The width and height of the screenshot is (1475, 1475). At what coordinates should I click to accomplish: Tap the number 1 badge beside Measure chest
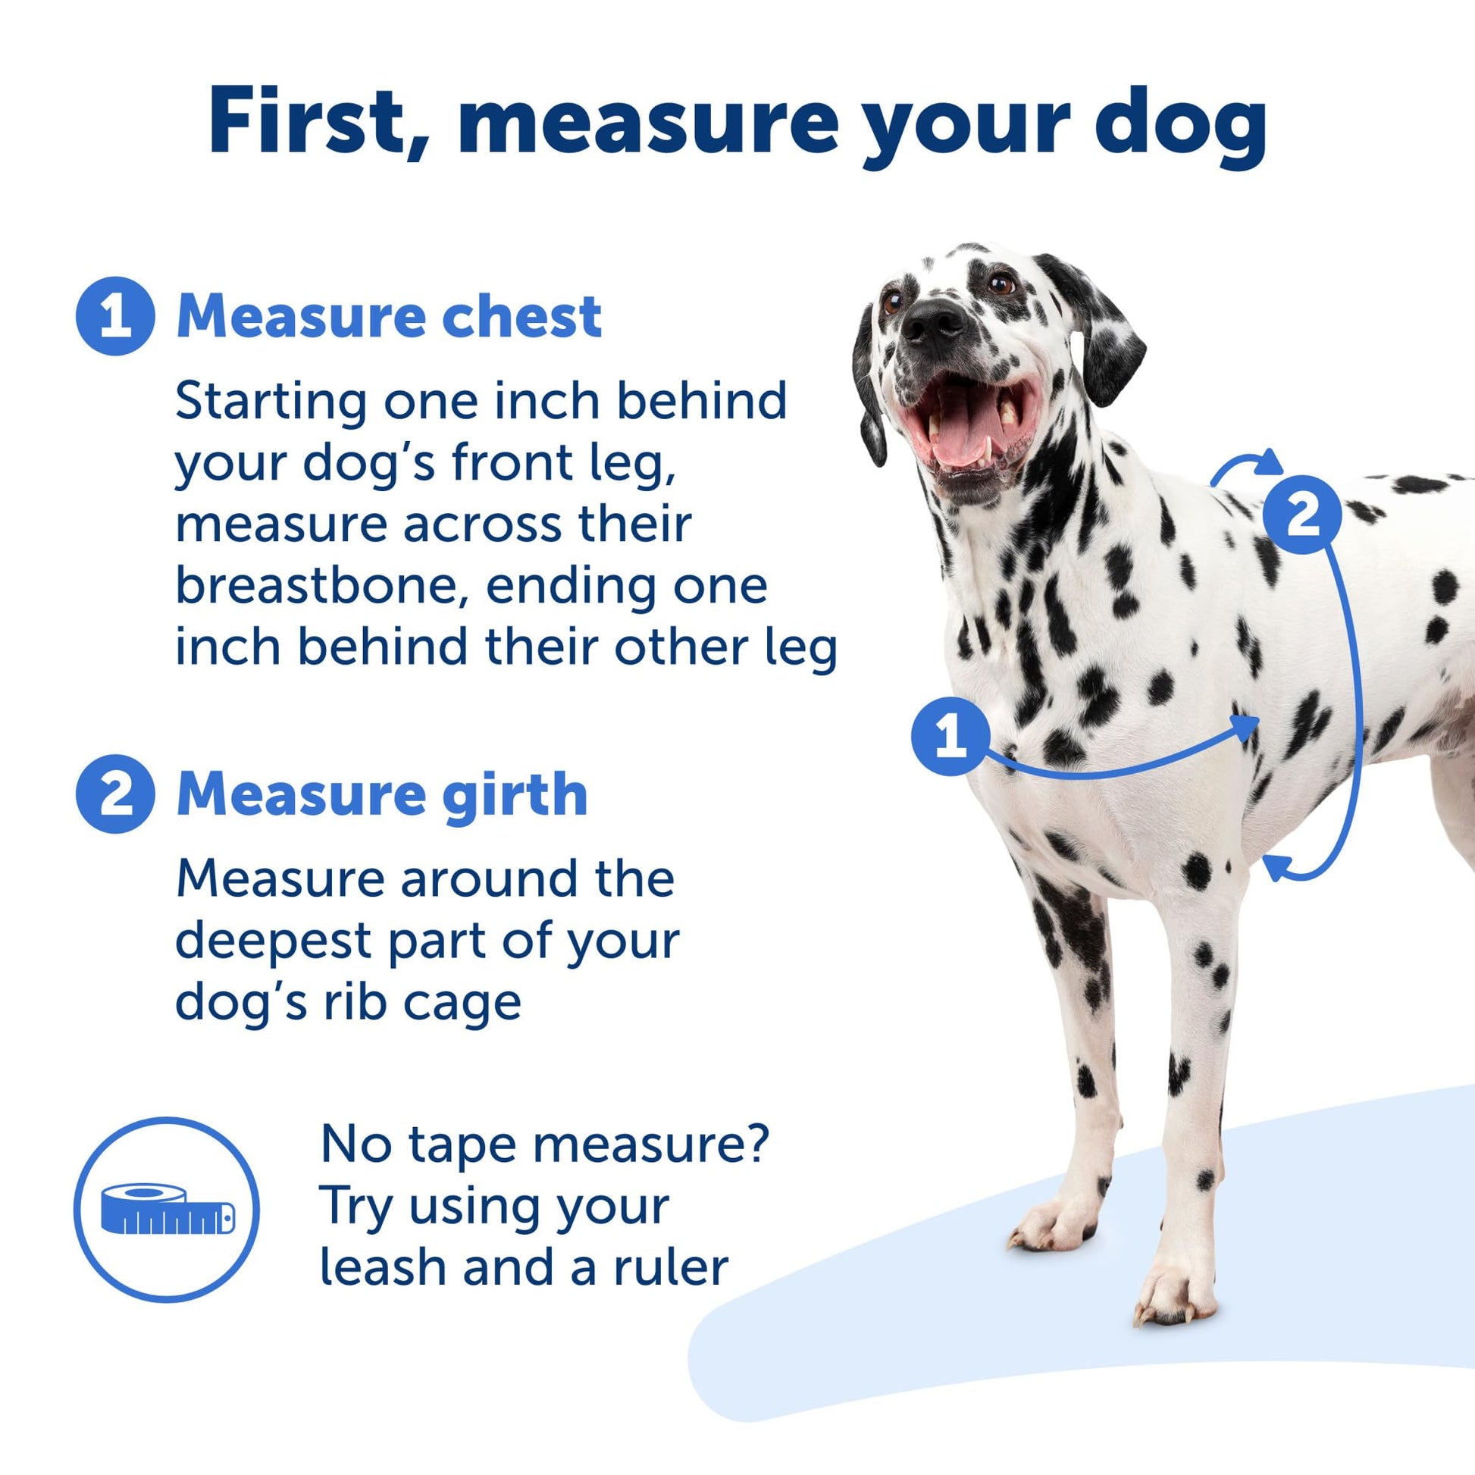tap(115, 316)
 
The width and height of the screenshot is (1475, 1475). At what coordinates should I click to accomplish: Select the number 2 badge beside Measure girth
tap(115, 794)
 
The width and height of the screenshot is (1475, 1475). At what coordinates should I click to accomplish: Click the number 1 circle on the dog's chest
tap(950, 736)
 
